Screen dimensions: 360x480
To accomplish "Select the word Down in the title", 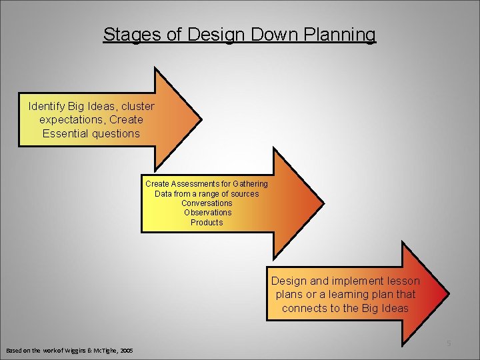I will (269, 35).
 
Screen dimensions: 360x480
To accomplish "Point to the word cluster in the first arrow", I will (137, 106).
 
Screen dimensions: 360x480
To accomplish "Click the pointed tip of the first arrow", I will (201, 119).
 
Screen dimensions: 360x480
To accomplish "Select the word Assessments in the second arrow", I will (199, 183).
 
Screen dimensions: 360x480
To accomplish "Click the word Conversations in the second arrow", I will (207, 203).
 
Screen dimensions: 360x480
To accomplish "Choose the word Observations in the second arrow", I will (207, 213).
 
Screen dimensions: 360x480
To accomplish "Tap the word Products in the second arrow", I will (207, 222).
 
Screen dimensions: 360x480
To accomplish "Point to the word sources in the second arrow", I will (244, 193).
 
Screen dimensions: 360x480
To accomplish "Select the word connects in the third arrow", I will (304, 307).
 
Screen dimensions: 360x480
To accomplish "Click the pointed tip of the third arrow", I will (449, 293).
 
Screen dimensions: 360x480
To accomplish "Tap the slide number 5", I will (449, 343).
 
